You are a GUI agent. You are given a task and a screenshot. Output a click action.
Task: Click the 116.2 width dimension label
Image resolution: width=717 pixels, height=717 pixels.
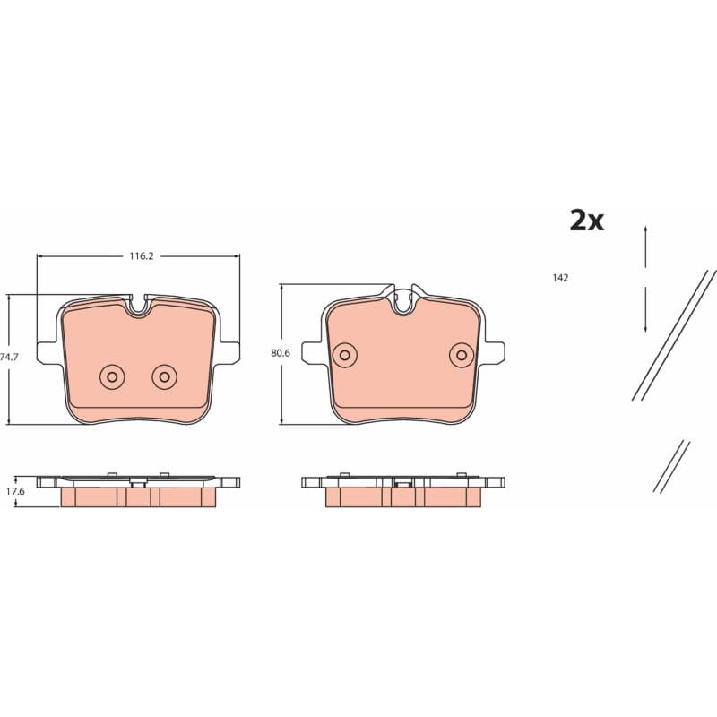click(x=142, y=256)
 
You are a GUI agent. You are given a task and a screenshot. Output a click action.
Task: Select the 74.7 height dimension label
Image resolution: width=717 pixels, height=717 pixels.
click(x=9, y=357)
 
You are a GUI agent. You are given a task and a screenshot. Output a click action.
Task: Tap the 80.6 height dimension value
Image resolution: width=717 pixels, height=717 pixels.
click(x=281, y=353)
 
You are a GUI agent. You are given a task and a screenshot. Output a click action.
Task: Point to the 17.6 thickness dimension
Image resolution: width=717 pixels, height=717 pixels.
click(x=15, y=491)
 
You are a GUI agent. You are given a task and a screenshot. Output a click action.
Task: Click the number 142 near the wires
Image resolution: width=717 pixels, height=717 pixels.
click(x=560, y=278)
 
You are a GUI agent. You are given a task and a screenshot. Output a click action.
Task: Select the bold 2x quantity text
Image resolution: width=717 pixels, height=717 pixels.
click(x=587, y=220)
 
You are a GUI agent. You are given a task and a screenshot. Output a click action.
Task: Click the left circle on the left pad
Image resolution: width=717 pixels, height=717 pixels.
click(x=112, y=376)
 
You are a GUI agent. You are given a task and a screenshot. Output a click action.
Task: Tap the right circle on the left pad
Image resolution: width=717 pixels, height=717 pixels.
click(x=165, y=376)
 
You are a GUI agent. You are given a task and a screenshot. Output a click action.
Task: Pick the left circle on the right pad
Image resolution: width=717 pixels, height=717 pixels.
click(x=345, y=355)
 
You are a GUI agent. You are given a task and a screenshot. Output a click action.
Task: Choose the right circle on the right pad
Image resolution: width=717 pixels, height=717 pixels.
click(x=462, y=355)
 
